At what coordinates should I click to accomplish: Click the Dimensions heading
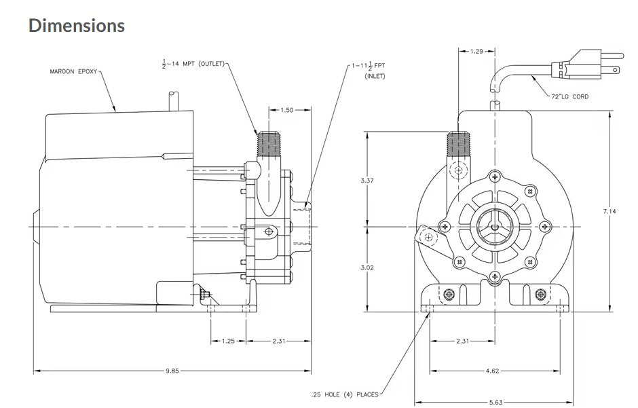77,25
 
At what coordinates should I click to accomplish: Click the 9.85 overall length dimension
172,371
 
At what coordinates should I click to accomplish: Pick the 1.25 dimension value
228,341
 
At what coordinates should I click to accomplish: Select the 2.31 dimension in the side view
278,341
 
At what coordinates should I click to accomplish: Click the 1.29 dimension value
478,51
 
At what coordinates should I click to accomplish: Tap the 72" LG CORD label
569,96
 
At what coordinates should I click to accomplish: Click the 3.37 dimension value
367,180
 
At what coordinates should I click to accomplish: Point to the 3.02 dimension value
367,267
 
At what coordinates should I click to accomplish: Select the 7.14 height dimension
609,212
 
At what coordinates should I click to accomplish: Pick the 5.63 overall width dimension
495,403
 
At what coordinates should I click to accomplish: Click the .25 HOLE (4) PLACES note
344,393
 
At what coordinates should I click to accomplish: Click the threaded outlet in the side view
265,143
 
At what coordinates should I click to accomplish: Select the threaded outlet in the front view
457,145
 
